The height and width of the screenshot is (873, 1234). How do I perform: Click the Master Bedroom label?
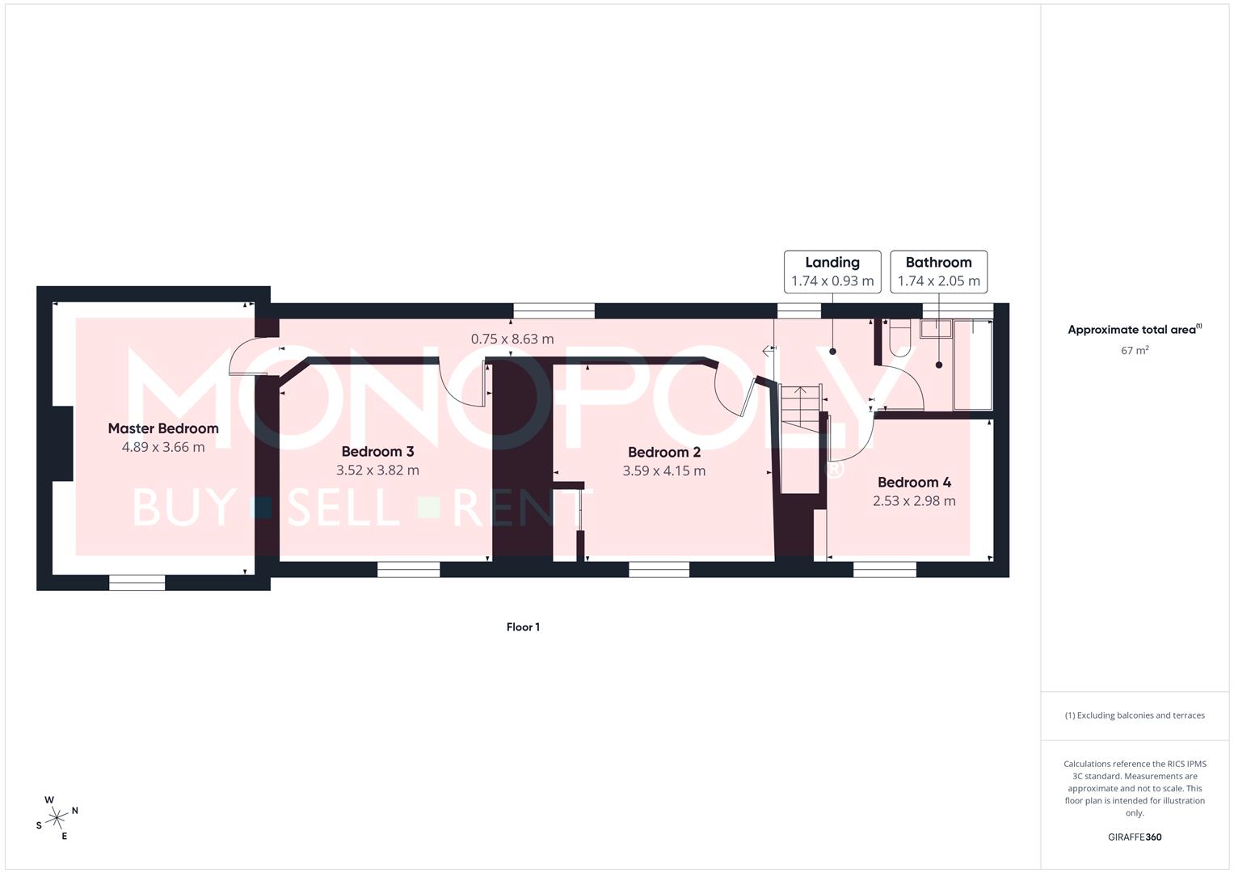[163, 428]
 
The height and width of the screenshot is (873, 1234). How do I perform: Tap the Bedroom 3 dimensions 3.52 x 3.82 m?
[377, 470]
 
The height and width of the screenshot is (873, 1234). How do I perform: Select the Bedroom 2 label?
[663, 453]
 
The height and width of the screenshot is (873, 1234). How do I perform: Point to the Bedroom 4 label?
[914, 483]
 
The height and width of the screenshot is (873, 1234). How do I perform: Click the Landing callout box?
[832, 272]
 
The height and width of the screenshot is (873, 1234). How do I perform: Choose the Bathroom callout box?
[938, 272]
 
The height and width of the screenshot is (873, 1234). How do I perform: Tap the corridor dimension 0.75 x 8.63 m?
[512, 339]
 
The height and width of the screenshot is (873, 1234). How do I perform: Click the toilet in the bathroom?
[899, 337]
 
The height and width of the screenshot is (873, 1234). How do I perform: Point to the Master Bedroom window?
[137, 582]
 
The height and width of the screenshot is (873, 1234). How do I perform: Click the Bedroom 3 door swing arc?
[465, 384]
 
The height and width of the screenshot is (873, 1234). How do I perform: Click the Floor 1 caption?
[523, 627]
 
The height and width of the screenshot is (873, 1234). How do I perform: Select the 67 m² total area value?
[1135, 350]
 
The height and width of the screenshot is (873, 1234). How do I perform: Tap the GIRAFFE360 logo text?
[1135, 837]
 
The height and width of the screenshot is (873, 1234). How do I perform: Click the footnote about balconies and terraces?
[1135, 715]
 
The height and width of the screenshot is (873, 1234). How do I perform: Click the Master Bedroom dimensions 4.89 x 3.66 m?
[163, 447]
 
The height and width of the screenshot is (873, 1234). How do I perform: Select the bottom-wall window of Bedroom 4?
[885, 570]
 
